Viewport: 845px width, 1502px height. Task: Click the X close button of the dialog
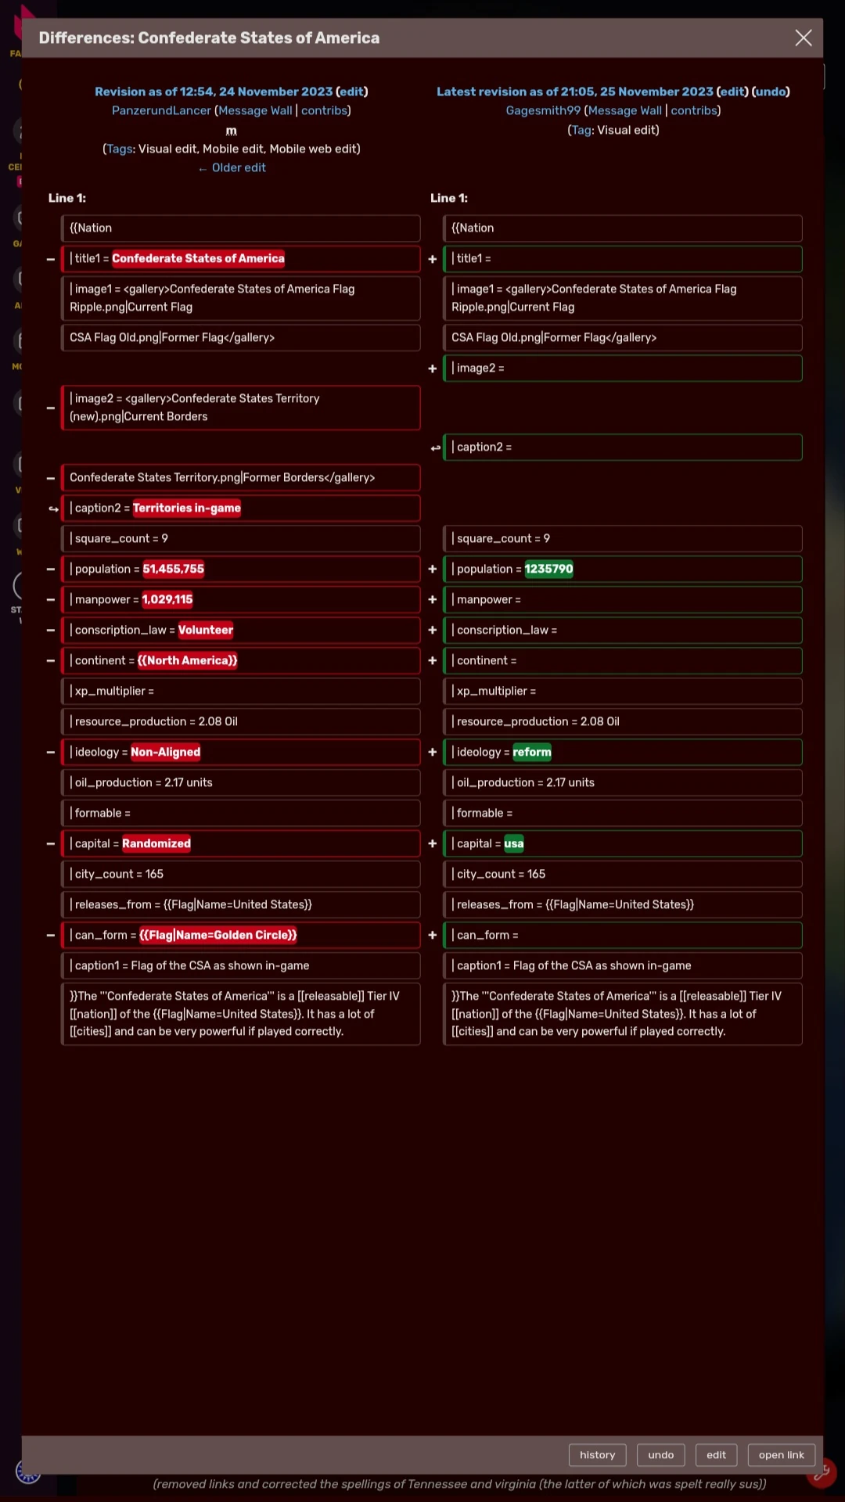803,38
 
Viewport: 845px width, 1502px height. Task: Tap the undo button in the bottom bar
660,1454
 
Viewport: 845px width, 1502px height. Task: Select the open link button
781,1454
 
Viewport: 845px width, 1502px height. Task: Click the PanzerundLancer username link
161,110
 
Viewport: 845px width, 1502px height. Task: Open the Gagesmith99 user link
543,110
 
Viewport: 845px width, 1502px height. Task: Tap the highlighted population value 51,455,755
173,569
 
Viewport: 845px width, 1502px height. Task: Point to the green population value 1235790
548,569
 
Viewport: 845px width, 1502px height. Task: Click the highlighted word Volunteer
205,630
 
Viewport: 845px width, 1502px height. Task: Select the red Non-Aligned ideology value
165,752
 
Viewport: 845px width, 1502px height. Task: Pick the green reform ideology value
531,752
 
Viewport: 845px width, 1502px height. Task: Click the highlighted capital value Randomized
156,843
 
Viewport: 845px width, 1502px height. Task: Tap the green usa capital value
513,843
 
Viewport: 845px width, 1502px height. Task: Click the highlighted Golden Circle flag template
218,935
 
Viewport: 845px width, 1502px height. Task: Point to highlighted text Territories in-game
186,508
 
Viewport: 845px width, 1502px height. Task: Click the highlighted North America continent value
187,660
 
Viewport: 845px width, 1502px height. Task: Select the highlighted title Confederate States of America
198,258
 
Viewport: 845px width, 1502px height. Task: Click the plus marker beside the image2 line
432,368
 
